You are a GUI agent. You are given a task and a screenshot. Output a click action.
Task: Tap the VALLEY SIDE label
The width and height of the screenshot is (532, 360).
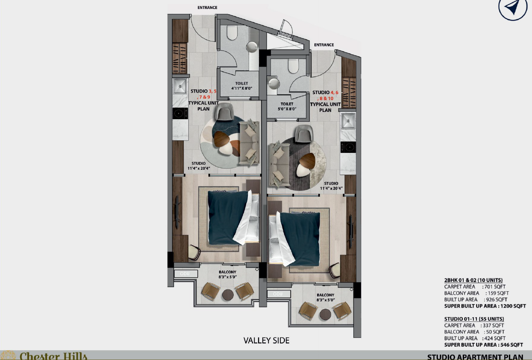pos(266,340)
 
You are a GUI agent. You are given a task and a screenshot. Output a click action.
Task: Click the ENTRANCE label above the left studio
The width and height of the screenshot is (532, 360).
pos(207,8)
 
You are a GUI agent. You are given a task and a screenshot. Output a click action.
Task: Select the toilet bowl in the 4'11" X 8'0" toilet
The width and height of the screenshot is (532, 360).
pos(232,32)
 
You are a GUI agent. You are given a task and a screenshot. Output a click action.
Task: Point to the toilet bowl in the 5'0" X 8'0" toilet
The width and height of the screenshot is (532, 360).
pos(293,66)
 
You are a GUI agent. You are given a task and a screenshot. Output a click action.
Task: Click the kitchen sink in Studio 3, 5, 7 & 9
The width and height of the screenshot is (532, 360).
pos(180,86)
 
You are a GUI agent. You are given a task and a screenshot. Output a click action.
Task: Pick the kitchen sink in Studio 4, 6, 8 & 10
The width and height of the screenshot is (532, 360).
pos(348,121)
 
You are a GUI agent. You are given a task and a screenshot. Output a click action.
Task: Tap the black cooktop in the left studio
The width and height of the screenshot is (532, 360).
pos(180,114)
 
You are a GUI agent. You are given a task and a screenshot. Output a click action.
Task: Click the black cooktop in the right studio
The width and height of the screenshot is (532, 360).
pos(348,147)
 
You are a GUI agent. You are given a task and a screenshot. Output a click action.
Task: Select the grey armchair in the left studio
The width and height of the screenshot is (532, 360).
pos(224,111)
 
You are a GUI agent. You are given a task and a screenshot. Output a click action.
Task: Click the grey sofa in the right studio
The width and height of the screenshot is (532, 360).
pos(279,163)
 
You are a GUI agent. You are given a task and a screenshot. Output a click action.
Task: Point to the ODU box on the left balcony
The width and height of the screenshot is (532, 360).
pos(186,274)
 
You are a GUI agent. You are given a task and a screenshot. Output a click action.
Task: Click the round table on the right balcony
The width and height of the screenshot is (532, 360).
pos(325,314)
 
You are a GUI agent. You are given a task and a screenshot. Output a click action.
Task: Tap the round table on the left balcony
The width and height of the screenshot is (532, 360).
pos(228,295)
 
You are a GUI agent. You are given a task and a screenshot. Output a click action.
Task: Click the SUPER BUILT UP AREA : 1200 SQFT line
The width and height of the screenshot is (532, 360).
pos(485,306)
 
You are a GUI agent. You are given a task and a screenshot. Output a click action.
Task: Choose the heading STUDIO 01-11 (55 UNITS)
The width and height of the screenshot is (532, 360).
pos(474,319)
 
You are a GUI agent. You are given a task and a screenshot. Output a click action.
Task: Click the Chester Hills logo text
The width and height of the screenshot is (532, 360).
pos(53,356)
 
